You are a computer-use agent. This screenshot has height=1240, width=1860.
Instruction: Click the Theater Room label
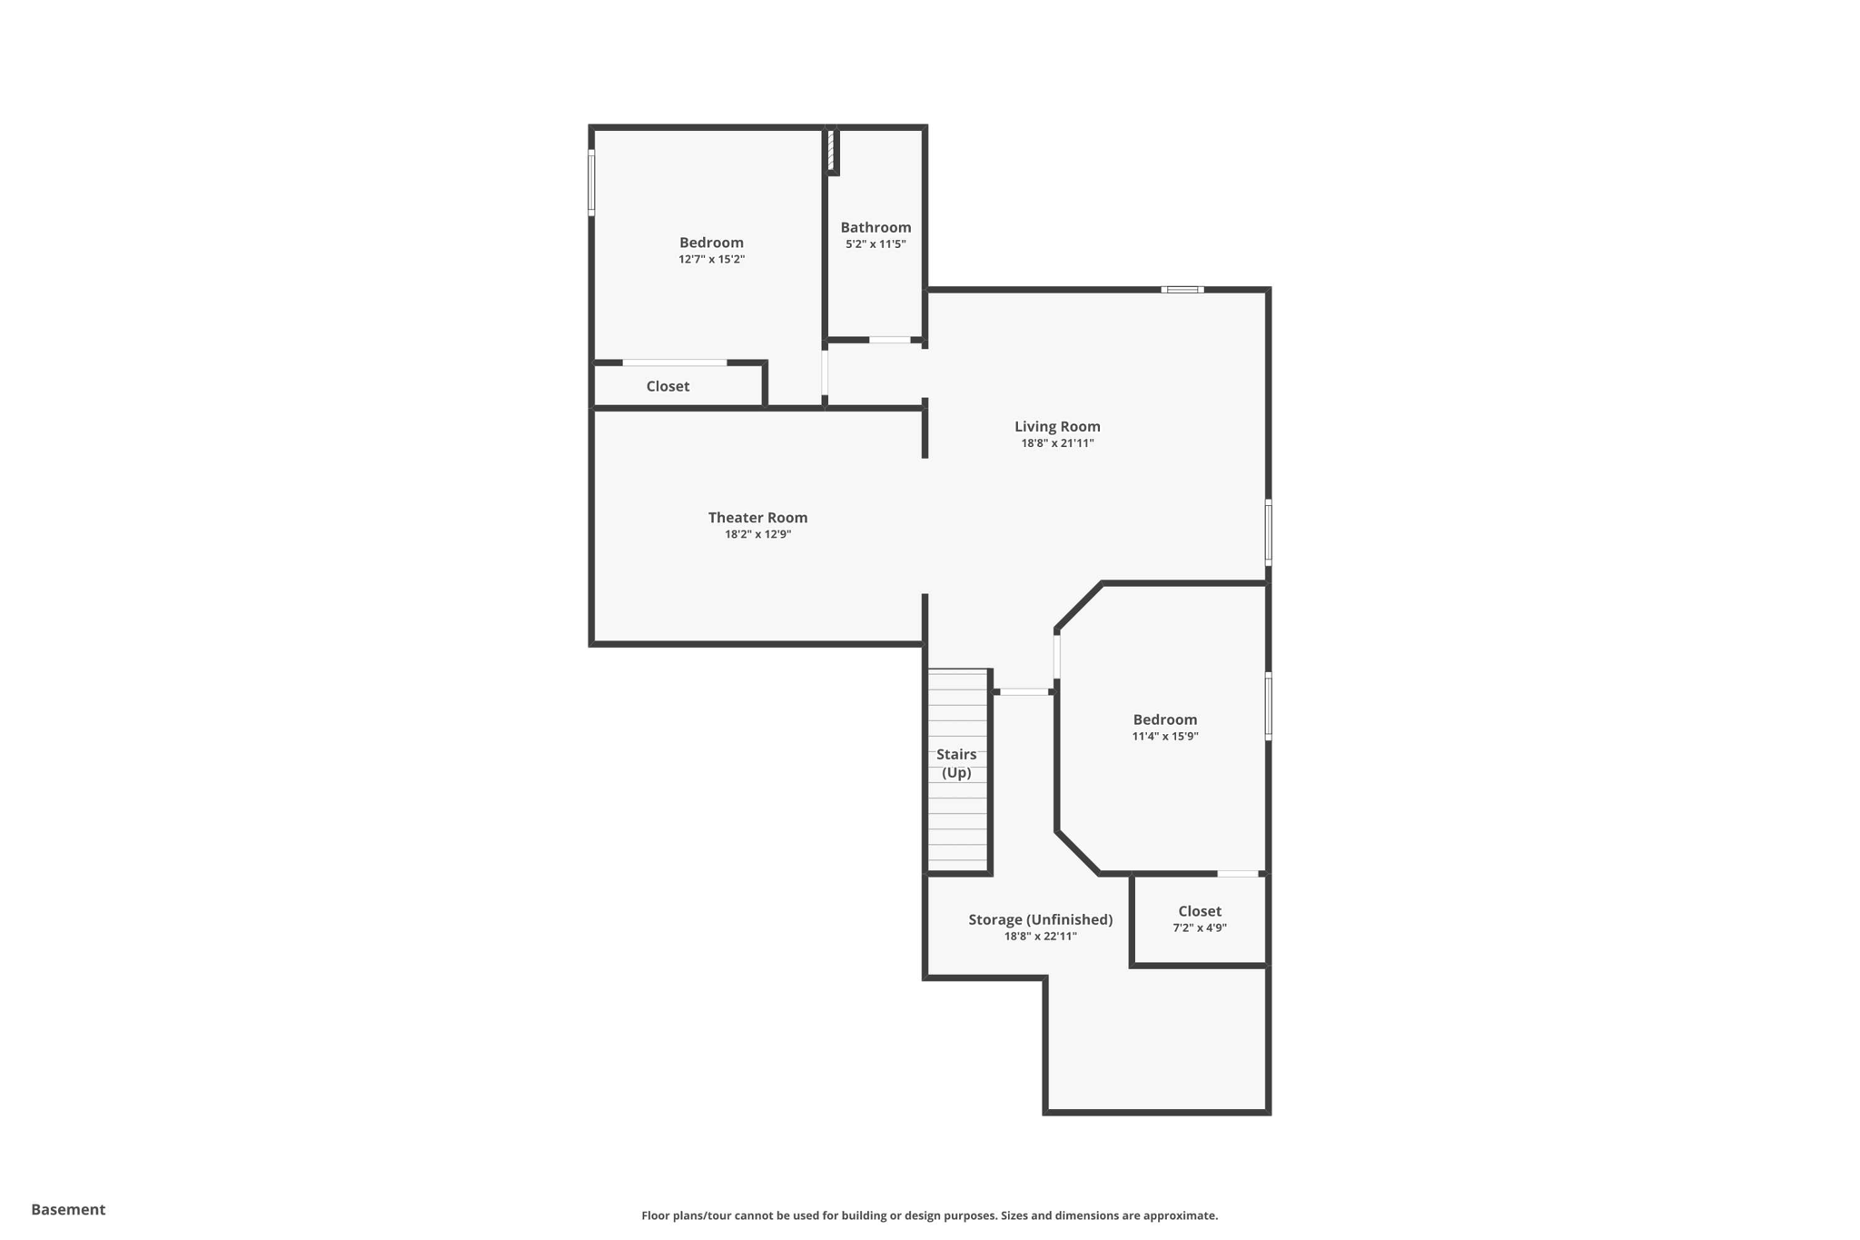click(x=757, y=518)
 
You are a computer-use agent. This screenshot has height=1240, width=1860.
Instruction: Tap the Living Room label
click(x=1057, y=426)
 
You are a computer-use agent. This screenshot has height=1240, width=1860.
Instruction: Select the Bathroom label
click(x=876, y=227)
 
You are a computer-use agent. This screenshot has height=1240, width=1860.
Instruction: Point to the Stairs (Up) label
click(x=956, y=763)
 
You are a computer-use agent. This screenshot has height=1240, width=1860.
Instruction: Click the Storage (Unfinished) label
click(x=1040, y=919)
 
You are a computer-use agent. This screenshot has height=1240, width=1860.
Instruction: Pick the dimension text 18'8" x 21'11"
click(x=1057, y=443)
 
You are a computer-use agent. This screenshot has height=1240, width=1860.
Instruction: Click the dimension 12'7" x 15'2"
click(x=711, y=259)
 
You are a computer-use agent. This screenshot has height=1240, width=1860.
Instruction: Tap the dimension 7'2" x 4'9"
click(x=1199, y=928)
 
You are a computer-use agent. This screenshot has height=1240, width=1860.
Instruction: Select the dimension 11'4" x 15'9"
click(x=1164, y=736)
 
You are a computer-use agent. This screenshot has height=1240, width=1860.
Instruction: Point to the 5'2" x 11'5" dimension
click(x=876, y=243)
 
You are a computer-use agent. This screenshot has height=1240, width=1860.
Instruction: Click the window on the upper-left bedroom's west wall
click(x=591, y=183)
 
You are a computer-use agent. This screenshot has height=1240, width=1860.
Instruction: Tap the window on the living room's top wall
click(x=1182, y=290)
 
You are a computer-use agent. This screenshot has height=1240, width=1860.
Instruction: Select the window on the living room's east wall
click(x=1268, y=532)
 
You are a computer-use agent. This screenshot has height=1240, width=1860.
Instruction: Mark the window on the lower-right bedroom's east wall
click(x=1268, y=706)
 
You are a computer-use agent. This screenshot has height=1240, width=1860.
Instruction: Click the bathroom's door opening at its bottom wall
click(x=889, y=340)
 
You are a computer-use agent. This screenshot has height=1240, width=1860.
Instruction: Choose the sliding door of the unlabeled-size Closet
click(x=674, y=362)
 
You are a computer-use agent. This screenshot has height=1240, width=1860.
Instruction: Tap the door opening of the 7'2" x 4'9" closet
click(x=1238, y=874)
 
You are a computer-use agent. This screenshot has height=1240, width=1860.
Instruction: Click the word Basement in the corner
click(x=68, y=1209)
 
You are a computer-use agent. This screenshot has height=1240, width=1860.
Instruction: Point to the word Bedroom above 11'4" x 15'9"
click(x=1164, y=719)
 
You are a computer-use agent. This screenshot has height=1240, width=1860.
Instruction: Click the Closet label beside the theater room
click(x=668, y=386)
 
